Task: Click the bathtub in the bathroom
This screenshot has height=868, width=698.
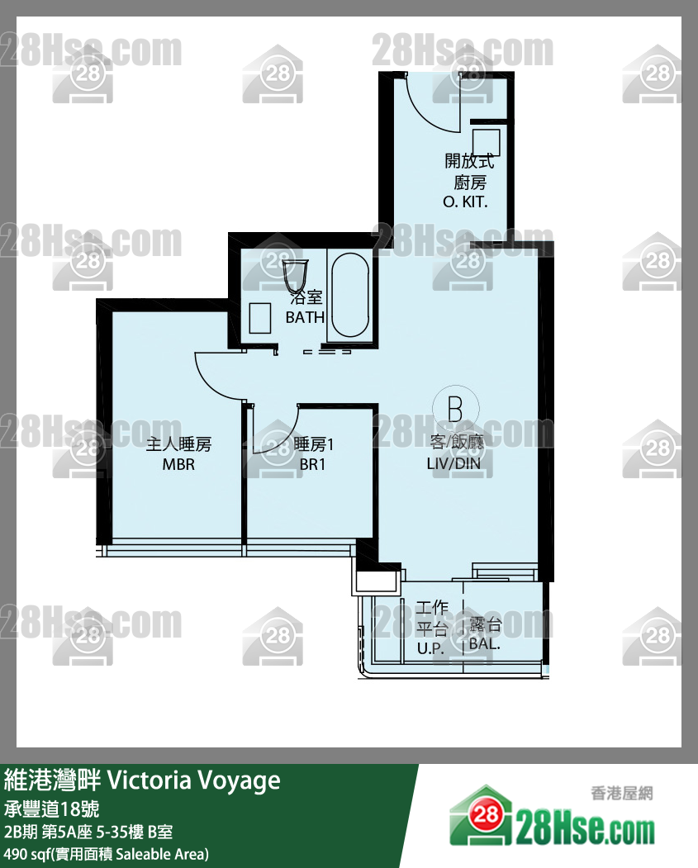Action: pos(350,295)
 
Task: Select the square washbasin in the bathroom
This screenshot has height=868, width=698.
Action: pos(259,318)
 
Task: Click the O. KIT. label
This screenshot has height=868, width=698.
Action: pos(465,202)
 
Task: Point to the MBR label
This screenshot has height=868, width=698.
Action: pos(178,464)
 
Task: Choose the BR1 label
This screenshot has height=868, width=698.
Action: pos(313,464)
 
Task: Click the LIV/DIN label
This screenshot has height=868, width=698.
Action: pos(453,463)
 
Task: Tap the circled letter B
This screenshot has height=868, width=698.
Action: pos(455,409)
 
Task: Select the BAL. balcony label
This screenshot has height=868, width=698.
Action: pos(485,644)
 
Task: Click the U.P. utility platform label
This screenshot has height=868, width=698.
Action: pos(430,648)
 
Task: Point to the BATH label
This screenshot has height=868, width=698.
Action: pos(305,317)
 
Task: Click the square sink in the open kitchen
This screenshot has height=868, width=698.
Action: pos(486,143)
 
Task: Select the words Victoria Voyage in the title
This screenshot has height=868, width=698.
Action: pos(194,780)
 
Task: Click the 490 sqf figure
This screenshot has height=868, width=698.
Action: pos(25,854)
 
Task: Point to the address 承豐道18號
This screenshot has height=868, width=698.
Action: pos(51,809)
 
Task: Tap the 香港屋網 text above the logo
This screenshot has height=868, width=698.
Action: pos(622,794)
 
